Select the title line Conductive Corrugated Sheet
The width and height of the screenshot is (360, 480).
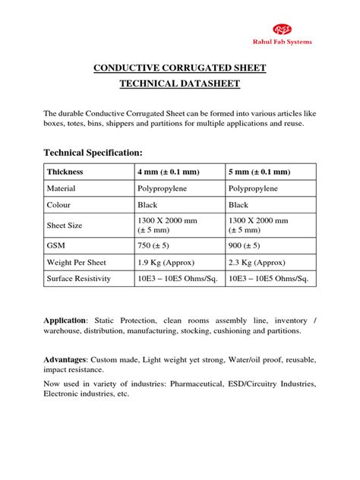pyautogui.click(x=180, y=69)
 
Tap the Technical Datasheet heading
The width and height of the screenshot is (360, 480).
pyautogui.click(x=180, y=86)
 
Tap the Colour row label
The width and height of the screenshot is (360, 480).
pyautogui.click(x=60, y=205)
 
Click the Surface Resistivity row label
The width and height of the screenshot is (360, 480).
pyautogui.click(x=80, y=279)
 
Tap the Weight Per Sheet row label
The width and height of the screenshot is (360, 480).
pyautogui.click(x=76, y=263)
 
